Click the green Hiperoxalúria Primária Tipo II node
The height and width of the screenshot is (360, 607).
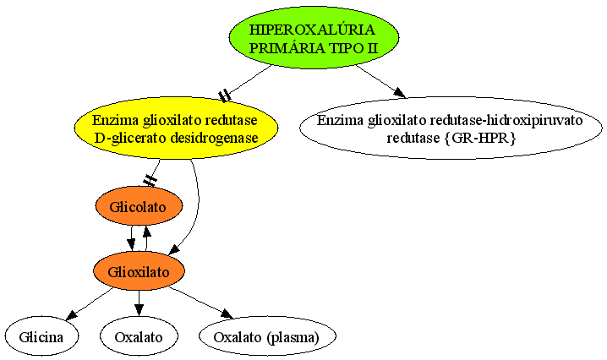click(x=314, y=37)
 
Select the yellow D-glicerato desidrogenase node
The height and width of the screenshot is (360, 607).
click(x=176, y=128)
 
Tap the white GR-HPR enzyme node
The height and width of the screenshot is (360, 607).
click(x=451, y=128)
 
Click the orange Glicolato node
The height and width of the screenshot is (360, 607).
click(x=139, y=206)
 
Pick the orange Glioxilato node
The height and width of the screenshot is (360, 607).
click(x=139, y=271)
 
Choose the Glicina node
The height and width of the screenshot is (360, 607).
click(x=41, y=336)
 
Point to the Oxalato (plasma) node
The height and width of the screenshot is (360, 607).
click(x=267, y=336)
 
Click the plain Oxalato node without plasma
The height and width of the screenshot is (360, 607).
click(x=139, y=336)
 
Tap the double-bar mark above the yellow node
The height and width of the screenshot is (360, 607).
click(x=225, y=95)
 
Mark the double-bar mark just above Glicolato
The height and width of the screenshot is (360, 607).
click(x=150, y=180)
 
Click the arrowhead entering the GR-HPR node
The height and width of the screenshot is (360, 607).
click(x=399, y=92)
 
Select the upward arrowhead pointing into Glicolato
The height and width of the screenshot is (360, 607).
click(x=146, y=232)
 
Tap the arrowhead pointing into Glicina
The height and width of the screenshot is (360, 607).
click(x=72, y=315)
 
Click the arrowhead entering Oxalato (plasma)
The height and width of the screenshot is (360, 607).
click(x=227, y=314)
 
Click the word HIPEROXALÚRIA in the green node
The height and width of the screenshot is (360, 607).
click(x=312, y=30)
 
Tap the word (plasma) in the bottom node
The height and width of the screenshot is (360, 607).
click(x=293, y=337)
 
